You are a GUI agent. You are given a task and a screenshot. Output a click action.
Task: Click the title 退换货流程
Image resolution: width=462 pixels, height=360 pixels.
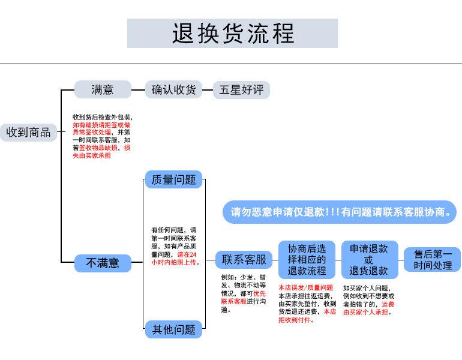pyautogui.click(x=232, y=33)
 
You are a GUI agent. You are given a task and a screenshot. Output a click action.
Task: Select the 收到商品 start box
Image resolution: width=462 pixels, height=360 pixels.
pyautogui.click(x=28, y=132)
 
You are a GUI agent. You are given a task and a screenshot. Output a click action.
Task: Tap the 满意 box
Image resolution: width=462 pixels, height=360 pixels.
pyautogui.click(x=103, y=89)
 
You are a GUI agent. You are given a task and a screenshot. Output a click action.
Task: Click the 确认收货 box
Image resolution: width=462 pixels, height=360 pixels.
pyautogui.click(x=173, y=89)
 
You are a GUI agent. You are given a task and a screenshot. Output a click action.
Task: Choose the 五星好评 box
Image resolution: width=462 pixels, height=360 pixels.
pyautogui.click(x=241, y=90)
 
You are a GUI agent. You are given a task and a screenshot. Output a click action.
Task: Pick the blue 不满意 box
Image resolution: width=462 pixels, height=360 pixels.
pyautogui.click(x=103, y=263)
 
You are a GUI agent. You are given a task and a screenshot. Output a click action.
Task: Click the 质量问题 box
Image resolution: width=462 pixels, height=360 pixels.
pyautogui.click(x=173, y=179)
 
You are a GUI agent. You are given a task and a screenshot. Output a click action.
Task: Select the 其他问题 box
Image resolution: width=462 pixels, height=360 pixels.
pyautogui.click(x=173, y=329)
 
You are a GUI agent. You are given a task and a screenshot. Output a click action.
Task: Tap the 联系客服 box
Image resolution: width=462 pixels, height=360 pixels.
pyautogui.click(x=244, y=260)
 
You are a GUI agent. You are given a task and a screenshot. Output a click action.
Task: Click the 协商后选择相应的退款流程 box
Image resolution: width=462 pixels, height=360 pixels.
pyautogui.click(x=307, y=260)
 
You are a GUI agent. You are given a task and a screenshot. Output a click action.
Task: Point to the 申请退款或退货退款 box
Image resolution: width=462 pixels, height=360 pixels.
pyautogui.click(x=370, y=260)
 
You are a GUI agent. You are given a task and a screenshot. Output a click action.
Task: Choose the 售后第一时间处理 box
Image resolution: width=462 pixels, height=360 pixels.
pyautogui.click(x=432, y=260)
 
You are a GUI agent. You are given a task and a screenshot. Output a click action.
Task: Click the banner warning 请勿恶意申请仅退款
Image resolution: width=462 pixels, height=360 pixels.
pyautogui.click(x=340, y=212)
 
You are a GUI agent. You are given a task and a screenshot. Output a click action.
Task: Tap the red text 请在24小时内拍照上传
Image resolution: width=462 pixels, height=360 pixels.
pyautogui.click(x=175, y=259)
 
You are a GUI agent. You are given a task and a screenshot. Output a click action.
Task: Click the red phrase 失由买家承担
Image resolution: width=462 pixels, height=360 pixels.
pyautogui.click(x=92, y=155)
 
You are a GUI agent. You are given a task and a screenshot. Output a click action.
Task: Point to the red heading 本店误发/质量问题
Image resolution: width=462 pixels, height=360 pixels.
pyautogui.click(x=306, y=287)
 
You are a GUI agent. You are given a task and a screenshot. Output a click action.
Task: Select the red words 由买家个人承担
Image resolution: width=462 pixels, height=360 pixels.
pyautogui.click(x=365, y=312)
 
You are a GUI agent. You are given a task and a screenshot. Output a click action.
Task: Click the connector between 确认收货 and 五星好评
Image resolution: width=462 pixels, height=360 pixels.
pyautogui.click(x=208, y=90)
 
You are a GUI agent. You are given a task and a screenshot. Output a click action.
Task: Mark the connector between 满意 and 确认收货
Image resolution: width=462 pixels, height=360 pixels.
pyautogui.click(x=138, y=90)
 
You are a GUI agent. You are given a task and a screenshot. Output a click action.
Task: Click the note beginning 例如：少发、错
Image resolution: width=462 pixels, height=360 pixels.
pyautogui.click(x=244, y=293)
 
